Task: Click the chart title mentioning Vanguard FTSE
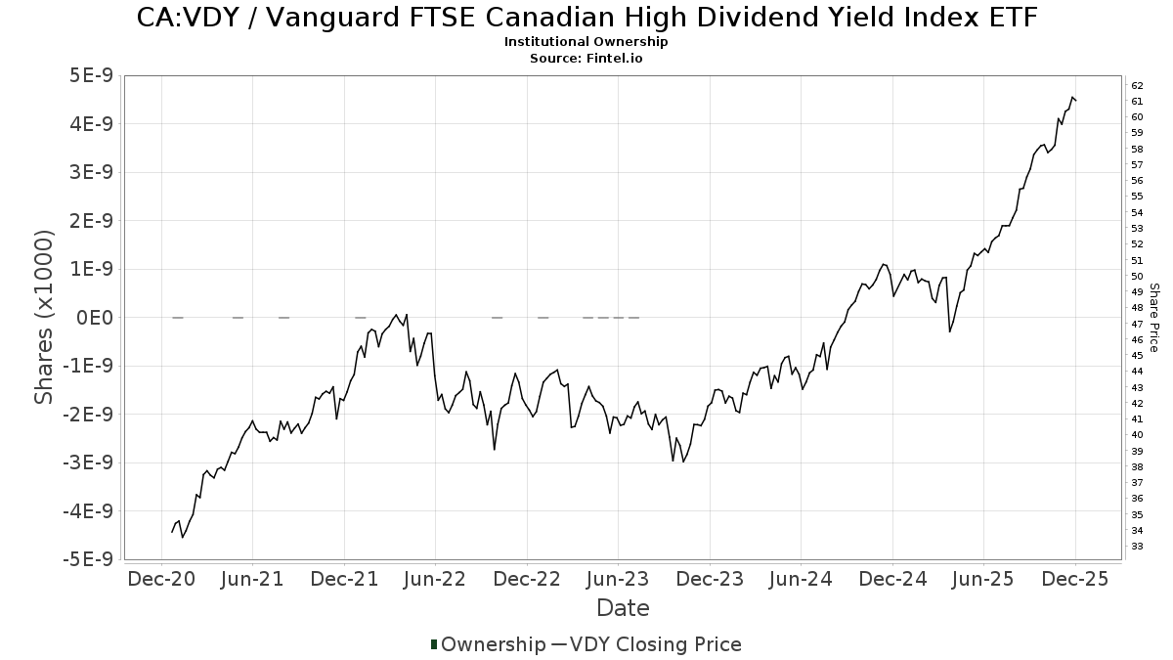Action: click(586, 18)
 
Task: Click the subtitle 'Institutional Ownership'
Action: click(586, 42)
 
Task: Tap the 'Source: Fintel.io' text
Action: click(586, 58)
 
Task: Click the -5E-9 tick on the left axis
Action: click(87, 559)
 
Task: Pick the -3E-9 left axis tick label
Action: click(87, 462)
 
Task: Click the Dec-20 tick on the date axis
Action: click(162, 579)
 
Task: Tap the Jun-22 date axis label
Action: click(435, 579)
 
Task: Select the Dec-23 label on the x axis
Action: click(710, 579)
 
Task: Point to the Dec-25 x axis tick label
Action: click(1074, 579)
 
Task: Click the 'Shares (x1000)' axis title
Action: click(45, 318)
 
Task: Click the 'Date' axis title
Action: click(623, 608)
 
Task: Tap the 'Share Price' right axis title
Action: click(1154, 318)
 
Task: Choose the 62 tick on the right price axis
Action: click(1137, 86)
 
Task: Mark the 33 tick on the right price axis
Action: click(1137, 546)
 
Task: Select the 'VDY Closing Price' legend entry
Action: click(655, 644)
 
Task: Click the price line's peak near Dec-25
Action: click(1072, 97)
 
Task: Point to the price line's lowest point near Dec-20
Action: click(182, 537)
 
